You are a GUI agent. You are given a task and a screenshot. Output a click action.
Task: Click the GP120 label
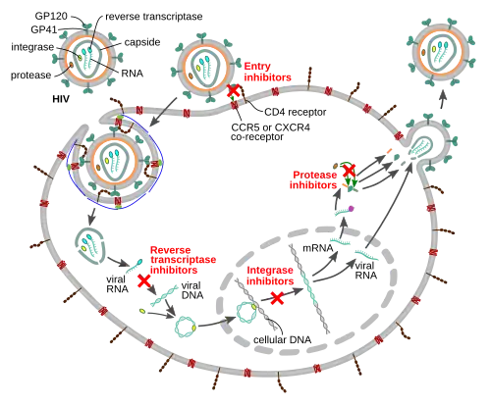51,16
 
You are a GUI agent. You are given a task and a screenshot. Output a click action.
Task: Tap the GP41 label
44,29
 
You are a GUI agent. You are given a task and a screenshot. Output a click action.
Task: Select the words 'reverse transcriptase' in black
154,17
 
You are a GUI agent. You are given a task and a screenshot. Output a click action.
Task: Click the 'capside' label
142,42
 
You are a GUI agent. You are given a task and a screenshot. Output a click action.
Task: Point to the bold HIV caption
61,99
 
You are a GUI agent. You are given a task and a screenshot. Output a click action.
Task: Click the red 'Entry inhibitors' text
267,72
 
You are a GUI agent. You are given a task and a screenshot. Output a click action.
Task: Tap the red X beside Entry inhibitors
234,90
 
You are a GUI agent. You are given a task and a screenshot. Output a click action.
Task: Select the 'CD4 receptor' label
296,112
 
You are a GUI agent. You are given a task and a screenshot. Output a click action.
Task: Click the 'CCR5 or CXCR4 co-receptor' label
270,131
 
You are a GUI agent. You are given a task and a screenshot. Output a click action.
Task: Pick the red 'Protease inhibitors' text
313,179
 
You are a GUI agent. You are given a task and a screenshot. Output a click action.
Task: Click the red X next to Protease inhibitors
349,171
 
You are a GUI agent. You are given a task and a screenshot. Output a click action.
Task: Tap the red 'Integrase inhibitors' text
270,276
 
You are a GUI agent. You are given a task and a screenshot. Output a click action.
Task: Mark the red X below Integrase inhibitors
278,298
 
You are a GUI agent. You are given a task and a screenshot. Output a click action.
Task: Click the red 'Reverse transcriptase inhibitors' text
183,260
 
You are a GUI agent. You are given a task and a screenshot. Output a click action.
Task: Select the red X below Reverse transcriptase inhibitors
144,281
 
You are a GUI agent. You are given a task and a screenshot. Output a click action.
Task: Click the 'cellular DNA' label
282,340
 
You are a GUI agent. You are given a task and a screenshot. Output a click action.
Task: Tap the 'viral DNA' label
192,290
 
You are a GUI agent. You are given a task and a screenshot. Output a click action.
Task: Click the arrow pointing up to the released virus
442,99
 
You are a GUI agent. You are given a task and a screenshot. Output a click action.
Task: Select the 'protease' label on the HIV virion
30,76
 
